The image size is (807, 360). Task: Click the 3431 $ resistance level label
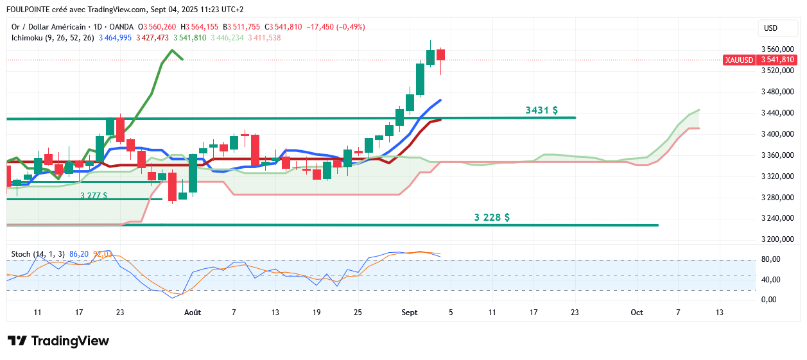[x=541, y=110]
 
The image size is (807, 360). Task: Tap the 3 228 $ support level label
[x=492, y=218]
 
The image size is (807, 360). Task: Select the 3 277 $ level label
[x=94, y=195]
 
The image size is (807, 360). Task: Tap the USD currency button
[x=770, y=28]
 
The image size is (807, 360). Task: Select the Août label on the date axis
[x=193, y=313]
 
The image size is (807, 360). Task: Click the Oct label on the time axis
[x=637, y=313]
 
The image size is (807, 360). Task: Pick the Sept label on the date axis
[x=410, y=313]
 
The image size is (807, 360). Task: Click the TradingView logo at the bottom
[x=58, y=341]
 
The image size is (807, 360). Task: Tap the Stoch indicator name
[x=21, y=254]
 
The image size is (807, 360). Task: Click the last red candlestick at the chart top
[x=440, y=55]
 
